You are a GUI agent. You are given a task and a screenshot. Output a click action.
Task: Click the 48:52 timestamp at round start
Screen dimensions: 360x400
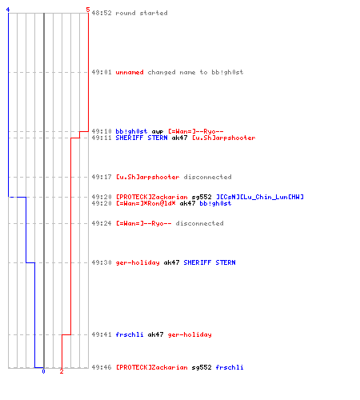coord(102,13)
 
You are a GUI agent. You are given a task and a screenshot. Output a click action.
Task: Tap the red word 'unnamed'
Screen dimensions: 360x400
coord(130,72)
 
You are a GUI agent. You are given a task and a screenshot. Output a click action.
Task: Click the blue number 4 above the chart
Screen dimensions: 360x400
coord(8,10)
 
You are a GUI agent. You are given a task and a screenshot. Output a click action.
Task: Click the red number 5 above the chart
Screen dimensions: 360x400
coord(88,10)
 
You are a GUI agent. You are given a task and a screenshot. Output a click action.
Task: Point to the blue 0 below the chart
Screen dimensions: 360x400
coord(44,371)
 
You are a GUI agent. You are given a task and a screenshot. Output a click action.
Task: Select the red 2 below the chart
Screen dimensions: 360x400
coord(62,371)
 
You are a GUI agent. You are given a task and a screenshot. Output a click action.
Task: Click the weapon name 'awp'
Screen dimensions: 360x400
coord(158,132)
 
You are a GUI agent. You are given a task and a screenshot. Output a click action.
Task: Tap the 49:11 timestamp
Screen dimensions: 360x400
coord(102,138)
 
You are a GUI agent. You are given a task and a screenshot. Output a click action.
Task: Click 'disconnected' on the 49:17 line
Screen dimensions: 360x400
coord(207,177)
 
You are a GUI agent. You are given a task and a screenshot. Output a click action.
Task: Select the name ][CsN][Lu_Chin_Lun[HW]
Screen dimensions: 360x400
coord(260,197)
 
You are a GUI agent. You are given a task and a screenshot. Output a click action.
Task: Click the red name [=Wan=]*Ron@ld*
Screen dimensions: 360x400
coord(146,203)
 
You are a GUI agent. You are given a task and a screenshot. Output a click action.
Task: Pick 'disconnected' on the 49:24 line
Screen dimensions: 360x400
coord(199,223)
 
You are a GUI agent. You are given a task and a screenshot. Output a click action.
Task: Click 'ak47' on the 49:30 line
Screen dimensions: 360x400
coord(171,262)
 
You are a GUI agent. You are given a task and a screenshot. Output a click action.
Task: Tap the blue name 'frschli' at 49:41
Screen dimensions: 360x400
coord(130,334)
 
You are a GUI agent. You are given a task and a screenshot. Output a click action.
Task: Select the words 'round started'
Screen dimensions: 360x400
coord(142,13)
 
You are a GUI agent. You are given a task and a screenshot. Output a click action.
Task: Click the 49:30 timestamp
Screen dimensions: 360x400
coord(102,262)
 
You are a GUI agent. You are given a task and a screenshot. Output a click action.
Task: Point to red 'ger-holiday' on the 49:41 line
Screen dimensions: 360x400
coord(190,334)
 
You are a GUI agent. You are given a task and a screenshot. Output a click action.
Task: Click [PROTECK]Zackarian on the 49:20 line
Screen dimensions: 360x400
coord(152,197)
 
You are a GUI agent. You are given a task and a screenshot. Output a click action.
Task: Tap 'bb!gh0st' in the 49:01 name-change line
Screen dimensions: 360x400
coord(227,72)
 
